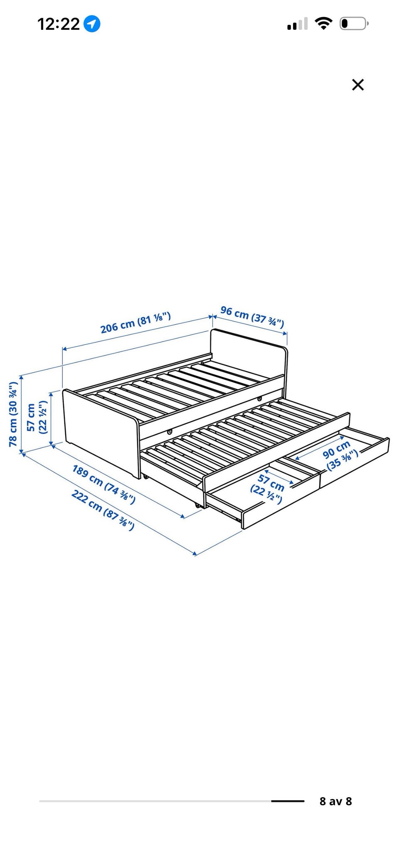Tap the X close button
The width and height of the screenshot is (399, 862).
[x=358, y=85]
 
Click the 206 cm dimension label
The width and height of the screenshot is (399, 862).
[x=135, y=322]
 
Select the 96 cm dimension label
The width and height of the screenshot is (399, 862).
[x=252, y=317]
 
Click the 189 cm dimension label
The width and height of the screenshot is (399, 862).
[x=104, y=484]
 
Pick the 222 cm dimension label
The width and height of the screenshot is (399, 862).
[x=103, y=510]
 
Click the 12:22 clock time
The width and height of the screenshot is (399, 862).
[x=59, y=24]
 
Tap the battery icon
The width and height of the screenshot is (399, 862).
[x=354, y=24]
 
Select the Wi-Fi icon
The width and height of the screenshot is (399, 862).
[x=323, y=23]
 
